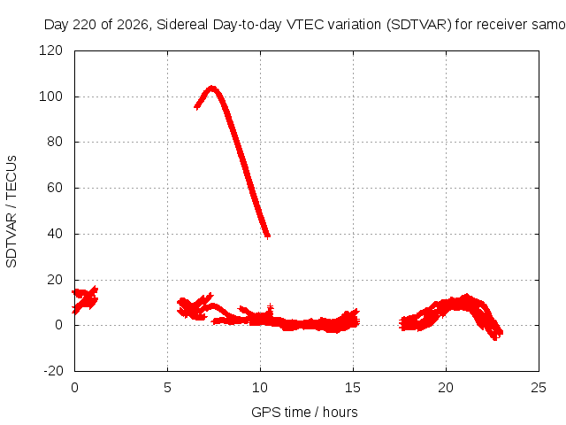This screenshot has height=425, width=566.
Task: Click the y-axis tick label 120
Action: pos(50,50)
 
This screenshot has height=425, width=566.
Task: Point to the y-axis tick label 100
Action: pos(50,97)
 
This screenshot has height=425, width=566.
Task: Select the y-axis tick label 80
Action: pos(55,142)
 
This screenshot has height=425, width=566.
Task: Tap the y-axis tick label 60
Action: pos(55,188)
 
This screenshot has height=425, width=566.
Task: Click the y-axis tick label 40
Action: pos(55,234)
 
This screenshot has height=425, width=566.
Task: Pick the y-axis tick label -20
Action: pos(53,371)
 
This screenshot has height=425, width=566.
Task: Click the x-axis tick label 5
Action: pos(167,388)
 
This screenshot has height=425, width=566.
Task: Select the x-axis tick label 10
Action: pos(260,388)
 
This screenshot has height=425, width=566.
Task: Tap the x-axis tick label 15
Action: pos(353,388)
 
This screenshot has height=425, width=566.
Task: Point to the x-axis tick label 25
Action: pos(539,388)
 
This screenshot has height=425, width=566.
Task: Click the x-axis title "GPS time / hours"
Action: pos(304,412)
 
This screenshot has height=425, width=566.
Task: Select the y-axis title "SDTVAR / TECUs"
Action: pos(11,212)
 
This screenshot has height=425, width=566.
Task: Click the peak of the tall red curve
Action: pos(212,89)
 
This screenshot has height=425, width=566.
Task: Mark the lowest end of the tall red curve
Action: pos(267,236)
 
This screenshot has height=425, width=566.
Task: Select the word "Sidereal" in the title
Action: pos(182,25)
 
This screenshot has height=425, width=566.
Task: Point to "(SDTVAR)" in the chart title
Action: pos(419,25)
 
